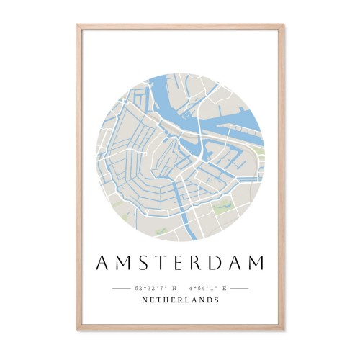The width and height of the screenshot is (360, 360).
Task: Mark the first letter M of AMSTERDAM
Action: click(x=124, y=264)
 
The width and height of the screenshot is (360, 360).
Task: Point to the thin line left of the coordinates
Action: click(x=121, y=288)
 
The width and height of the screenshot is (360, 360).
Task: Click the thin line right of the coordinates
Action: click(x=239, y=288)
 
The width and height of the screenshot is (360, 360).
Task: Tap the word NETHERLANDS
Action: click(x=180, y=300)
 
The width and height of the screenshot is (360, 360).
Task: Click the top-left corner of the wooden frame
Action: click(x=77, y=26)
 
